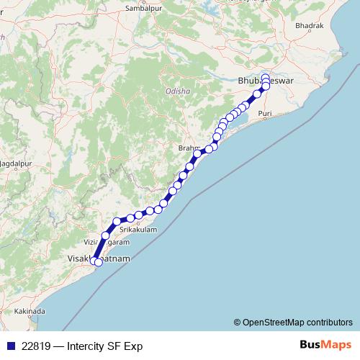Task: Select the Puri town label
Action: pyautogui.click(x=265, y=114)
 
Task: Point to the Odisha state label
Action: pyautogui.click(x=178, y=92)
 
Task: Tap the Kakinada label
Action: pyautogui.click(x=28, y=311)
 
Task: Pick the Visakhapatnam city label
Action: pyautogui.click(x=91, y=256)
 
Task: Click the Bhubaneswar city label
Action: pyautogui.click(x=261, y=83)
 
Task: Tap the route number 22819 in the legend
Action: pyautogui.click(x=36, y=346)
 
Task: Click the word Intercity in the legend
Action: pyautogui.click(x=90, y=346)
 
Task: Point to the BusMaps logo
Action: pyautogui.click(x=325, y=346)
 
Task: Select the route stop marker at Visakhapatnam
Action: pyautogui.click(x=99, y=262)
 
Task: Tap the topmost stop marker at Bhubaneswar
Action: pyautogui.click(x=265, y=77)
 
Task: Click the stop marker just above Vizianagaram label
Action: pyautogui.click(x=106, y=235)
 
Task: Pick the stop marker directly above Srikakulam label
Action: pyautogui.click(x=131, y=217)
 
